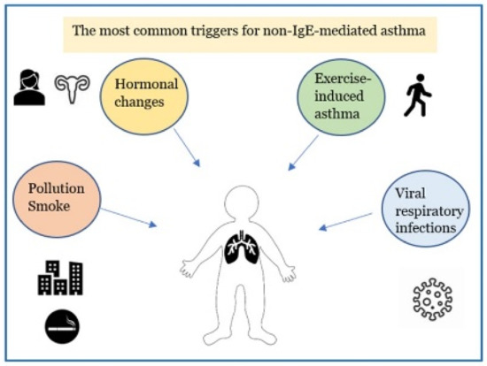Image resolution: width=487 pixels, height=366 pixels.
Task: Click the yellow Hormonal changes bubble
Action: (x=147, y=95)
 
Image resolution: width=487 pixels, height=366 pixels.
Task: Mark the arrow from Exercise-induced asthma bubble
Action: (x=305, y=154)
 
